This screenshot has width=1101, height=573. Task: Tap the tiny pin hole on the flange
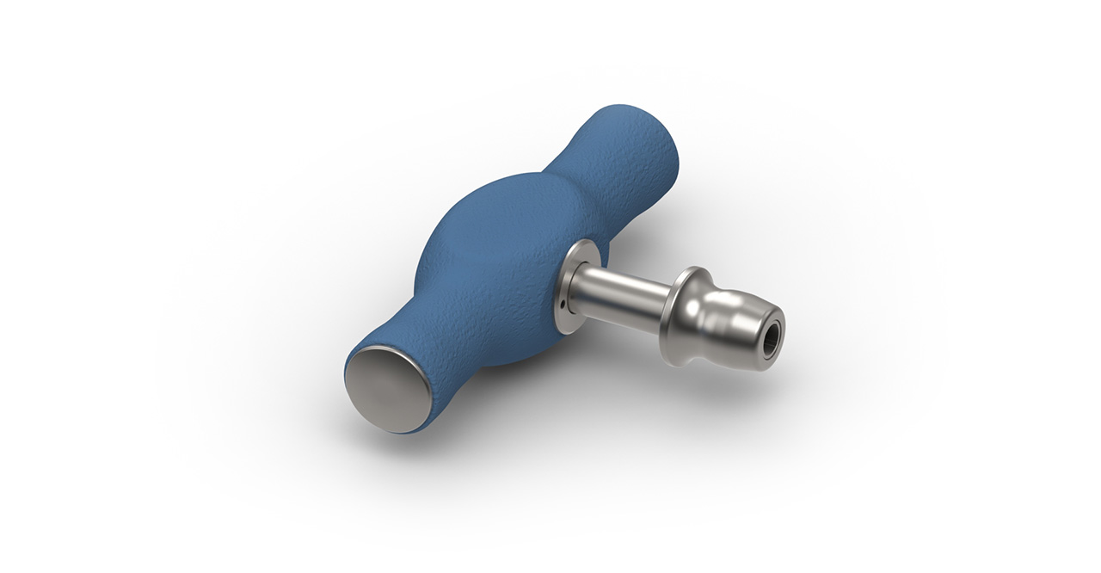point(562,303)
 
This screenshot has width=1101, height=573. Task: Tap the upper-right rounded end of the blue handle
point(641,138)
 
